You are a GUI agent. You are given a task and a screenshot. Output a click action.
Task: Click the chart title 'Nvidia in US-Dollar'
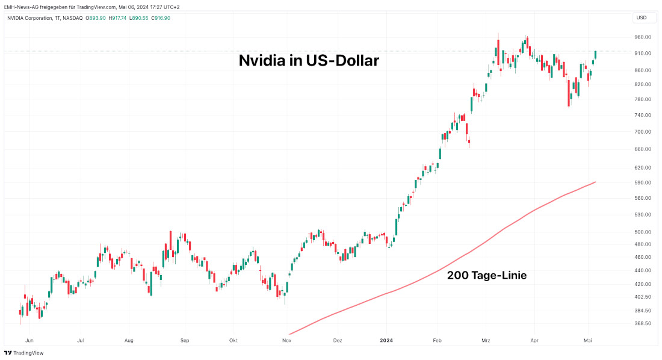[309, 61]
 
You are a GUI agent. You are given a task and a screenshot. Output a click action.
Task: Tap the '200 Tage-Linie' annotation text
[486, 275]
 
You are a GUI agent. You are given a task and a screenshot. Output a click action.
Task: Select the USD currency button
[642, 17]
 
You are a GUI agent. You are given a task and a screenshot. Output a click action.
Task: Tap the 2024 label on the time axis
[386, 340]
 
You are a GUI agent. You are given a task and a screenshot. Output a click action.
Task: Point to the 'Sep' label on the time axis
[185, 340]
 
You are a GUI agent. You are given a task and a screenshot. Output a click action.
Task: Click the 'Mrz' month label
[486, 340]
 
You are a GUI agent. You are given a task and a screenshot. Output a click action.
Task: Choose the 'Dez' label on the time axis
[337, 340]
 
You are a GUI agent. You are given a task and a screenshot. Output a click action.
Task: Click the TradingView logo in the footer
[24, 353]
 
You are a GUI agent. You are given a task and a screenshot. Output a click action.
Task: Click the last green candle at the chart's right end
[595, 55]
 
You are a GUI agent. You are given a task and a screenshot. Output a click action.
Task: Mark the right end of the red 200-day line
[595, 182]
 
